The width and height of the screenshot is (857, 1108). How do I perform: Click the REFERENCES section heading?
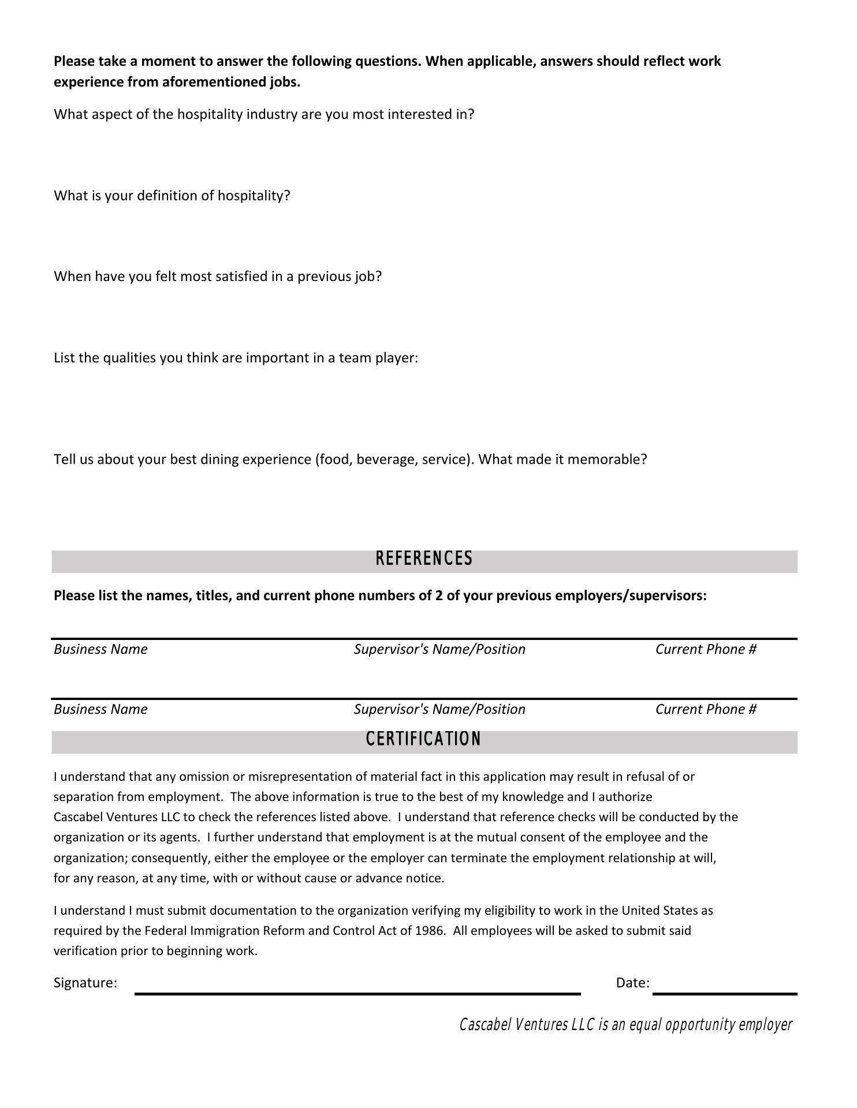coord(424,559)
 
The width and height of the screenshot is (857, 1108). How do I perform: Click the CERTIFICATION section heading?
coord(423,739)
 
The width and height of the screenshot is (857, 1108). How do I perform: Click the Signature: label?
coord(85,983)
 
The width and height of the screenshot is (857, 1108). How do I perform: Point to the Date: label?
coord(632,983)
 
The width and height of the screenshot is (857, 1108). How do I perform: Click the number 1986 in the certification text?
coord(430,931)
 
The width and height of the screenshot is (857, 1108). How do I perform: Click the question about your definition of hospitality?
coord(172,196)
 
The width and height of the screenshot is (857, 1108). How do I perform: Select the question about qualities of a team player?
coord(236,358)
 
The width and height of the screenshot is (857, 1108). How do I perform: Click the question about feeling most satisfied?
coord(218,276)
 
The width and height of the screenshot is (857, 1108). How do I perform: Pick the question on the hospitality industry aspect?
coord(264,114)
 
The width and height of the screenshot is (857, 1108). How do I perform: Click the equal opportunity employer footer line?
coord(625,1025)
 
